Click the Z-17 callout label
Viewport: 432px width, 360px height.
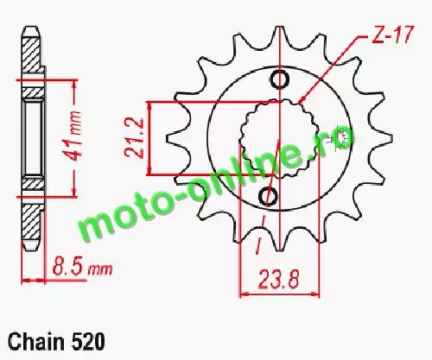[393, 35]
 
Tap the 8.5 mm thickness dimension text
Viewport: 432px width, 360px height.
[82, 268]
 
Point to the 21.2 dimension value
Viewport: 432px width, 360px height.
[134, 137]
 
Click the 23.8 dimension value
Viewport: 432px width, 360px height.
[279, 279]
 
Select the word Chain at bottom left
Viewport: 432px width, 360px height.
[36, 342]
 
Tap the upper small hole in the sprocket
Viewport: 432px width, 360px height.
[279, 79]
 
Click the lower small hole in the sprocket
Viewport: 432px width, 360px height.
[269, 197]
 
